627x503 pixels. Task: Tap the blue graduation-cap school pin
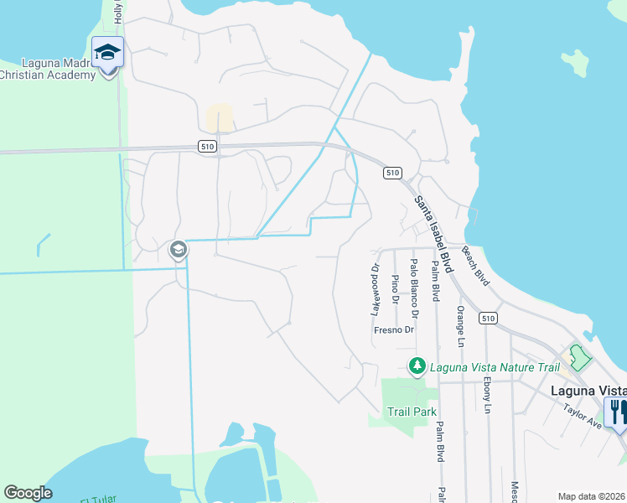107,54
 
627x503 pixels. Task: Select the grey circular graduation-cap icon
178,249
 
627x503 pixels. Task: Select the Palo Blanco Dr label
414,288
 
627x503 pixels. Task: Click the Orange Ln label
460,325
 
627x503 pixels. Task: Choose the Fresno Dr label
394,330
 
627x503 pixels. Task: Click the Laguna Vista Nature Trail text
494,366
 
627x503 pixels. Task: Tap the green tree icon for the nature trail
417,366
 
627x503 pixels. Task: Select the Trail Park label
412,412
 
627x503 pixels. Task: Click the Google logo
28,493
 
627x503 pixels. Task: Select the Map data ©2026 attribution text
592,496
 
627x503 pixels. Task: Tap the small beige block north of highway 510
220,117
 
